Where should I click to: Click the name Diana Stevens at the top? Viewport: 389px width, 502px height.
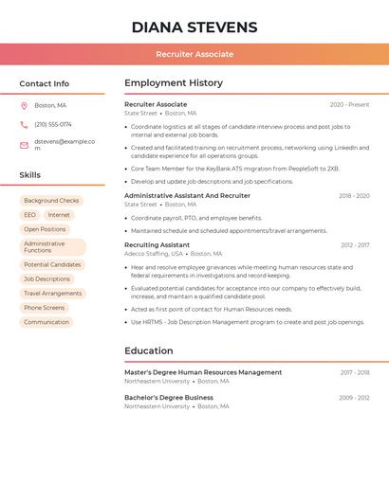pyautogui.click(x=194, y=27)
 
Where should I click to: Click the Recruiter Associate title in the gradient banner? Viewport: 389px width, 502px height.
pyautogui.click(x=194, y=54)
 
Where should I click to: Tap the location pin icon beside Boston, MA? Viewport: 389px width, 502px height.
pyautogui.click(x=24, y=105)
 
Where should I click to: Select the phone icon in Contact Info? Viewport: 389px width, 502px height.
pyautogui.click(x=24, y=124)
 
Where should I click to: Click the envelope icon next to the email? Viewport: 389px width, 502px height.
pyautogui.click(x=24, y=145)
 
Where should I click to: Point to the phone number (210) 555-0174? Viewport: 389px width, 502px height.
pyautogui.click(x=53, y=124)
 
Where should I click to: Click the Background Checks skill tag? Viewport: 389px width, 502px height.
pyautogui.click(x=51, y=201)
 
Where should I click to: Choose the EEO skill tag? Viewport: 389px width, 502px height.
pyautogui.click(x=30, y=215)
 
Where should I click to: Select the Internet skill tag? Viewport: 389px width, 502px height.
pyautogui.click(x=59, y=215)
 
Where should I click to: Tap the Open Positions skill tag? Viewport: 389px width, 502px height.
pyautogui.click(x=45, y=229)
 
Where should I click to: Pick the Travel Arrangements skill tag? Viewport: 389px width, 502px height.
pyautogui.click(x=52, y=294)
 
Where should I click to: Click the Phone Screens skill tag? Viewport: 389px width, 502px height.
pyautogui.click(x=45, y=308)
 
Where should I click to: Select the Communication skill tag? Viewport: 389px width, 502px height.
pyautogui.click(x=46, y=322)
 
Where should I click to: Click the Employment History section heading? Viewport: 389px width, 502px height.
pyautogui.click(x=174, y=83)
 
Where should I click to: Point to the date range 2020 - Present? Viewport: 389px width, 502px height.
pyautogui.click(x=349, y=104)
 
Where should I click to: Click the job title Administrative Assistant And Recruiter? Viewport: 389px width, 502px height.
pyautogui.click(x=187, y=195)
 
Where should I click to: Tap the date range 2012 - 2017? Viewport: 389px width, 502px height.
pyautogui.click(x=355, y=245)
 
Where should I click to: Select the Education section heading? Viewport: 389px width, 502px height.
pyautogui.click(x=149, y=351)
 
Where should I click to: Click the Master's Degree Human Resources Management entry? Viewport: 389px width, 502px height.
pyautogui.click(x=203, y=372)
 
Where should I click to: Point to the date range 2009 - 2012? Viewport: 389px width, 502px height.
pyautogui.click(x=354, y=398)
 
